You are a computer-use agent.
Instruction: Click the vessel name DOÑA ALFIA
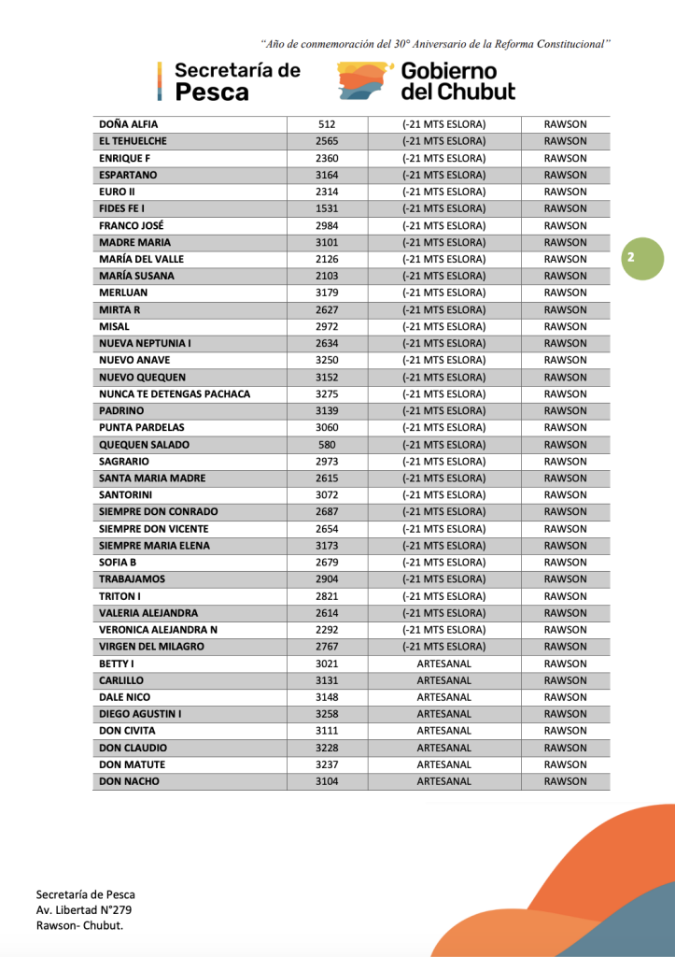(128, 124)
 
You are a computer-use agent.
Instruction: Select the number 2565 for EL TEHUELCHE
(327, 141)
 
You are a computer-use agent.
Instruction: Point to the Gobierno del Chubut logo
(426, 81)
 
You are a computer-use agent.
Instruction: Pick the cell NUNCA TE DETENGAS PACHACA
(175, 393)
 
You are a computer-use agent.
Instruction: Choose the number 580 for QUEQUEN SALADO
(327, 445)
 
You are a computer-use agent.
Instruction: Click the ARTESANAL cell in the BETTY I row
(443, 664)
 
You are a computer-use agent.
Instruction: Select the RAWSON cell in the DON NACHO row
(565, 781)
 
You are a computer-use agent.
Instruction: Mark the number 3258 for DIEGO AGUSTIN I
(327, 714)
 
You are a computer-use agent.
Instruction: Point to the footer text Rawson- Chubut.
(79, 925)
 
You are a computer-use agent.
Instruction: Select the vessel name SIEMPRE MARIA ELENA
(154, 546)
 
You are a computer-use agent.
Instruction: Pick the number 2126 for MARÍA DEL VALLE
(327, 259)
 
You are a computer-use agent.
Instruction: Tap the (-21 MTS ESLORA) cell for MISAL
(443, 326)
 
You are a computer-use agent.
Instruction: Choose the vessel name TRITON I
(120, 596)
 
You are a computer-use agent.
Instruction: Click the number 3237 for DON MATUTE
(327, 764)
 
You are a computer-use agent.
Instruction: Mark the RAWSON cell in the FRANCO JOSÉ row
(565, 225)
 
